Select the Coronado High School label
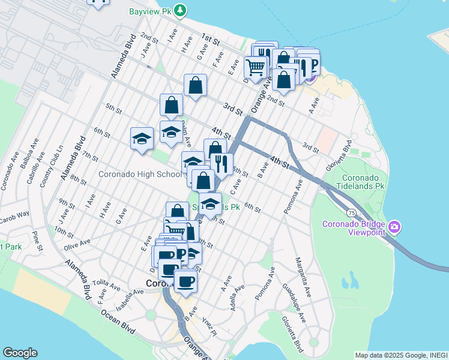pos(140,175)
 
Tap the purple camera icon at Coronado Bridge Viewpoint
pos(394,226)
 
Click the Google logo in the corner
pos(20,353)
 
